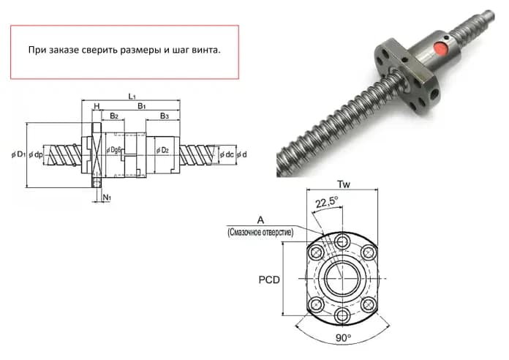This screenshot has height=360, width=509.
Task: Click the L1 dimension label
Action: [x=132, y=97]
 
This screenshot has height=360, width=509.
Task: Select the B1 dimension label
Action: [x=142, y=106]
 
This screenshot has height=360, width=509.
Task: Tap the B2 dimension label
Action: [x=114, y=116]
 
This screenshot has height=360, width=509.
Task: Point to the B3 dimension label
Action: [x=165, y=116]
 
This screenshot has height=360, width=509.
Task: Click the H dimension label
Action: [x=97, y=106]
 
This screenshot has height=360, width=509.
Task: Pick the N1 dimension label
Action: [x=107, y=198]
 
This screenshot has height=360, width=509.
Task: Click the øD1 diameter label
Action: [x=18, y=154]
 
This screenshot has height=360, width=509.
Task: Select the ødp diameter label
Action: [x=36, y=155]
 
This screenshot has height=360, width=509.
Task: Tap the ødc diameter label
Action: [x=227, y=154]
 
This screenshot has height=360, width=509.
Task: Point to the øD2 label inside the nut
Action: [x=162, y=150]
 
